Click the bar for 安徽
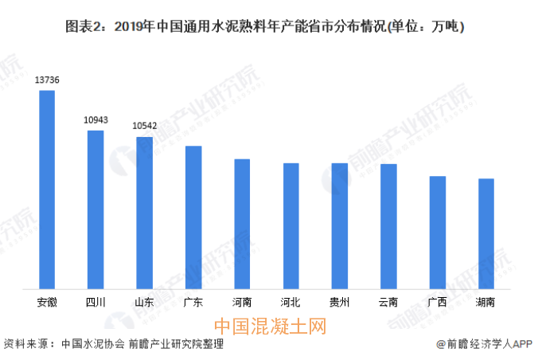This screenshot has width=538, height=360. (47, 189)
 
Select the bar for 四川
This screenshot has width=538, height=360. (96, 209)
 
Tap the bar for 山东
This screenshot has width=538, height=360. (144, 212)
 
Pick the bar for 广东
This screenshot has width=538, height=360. (193, 217)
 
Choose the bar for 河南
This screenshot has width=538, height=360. (242, 223)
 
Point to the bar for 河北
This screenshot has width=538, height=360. (290, 225)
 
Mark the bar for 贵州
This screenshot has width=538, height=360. (339, 225)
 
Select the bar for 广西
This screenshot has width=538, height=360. (437, 232)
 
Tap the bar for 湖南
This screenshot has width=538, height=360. (485, 233)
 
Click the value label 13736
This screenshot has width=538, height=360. (47, 80)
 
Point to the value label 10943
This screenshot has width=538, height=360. (96, 119)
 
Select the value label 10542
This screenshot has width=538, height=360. (144, 126)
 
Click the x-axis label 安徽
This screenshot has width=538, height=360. (47, 303)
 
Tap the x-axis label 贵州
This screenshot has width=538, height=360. (339, 303)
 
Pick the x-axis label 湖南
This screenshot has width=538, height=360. (485, 303)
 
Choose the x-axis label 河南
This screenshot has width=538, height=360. (242, 303)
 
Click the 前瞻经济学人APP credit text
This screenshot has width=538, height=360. (483, 343)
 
